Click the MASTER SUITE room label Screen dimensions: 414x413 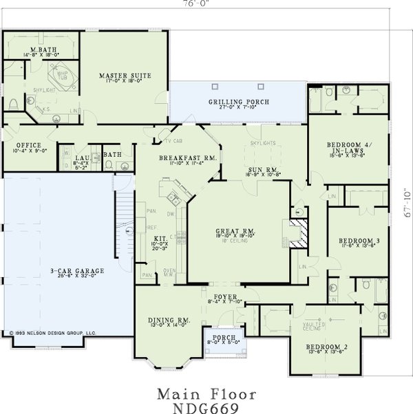[125, 75]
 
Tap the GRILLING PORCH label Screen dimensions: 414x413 [238, 102]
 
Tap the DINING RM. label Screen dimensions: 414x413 [169, 320]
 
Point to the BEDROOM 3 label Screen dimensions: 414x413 [357, 241]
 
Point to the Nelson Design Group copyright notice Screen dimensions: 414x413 [53, 331]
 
